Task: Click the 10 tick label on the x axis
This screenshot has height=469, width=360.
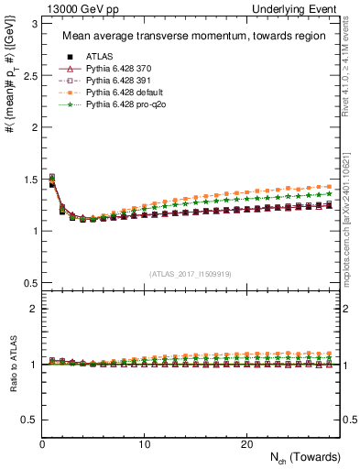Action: [x=144, y=444]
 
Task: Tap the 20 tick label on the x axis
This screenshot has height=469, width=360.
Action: [x=245, y=444]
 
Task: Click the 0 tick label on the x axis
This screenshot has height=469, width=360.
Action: [x=42, y=444]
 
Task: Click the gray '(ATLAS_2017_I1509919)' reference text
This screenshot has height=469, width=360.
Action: [x=191, y=273]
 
